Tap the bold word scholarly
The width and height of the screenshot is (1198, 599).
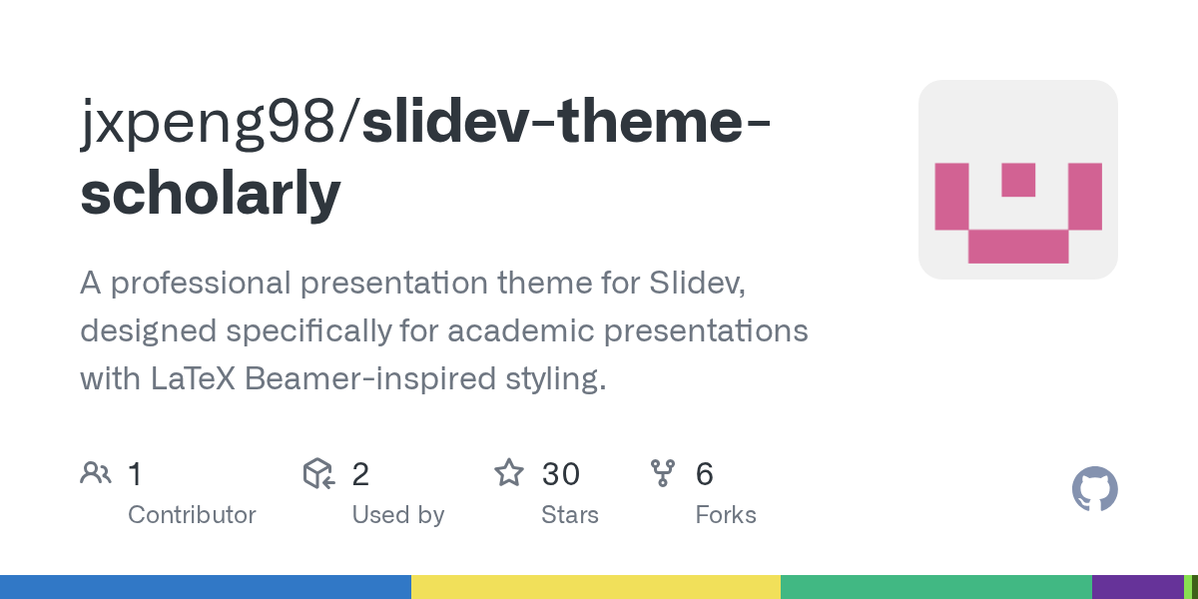pos(211,194)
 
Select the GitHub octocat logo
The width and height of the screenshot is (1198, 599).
pos(1095,489)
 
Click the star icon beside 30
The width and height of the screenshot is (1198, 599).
pos(508,473)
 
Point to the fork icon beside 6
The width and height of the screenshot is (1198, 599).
pos(663,473)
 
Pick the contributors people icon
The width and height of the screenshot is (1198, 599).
pos(96,473)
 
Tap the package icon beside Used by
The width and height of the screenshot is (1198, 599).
pos(318,473)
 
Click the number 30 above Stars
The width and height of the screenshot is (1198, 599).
pos(560,474)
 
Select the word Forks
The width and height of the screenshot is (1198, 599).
pos(726,515)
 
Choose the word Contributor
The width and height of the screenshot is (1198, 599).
pos(192,515)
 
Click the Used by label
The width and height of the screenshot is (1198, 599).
pos(398,515)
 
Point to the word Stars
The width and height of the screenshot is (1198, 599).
pos(570,515)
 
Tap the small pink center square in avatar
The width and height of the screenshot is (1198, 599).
pos(1018,180)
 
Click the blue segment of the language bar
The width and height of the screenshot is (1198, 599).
pos(206,587)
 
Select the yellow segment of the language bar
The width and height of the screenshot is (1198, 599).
pos(596,587)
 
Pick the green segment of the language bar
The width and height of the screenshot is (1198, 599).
pos(936,587)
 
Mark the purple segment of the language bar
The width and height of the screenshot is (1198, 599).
pos(1137,587)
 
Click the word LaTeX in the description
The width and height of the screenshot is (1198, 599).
pos(193,378)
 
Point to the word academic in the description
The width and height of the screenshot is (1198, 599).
pos(521,330)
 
